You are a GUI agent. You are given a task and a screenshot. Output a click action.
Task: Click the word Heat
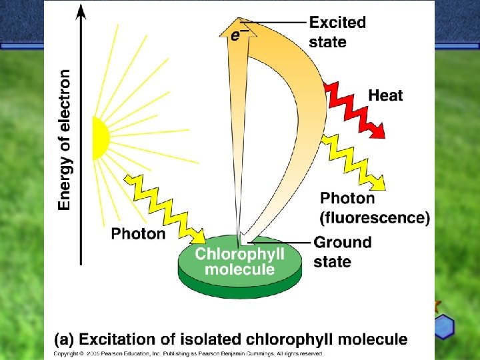pyautogui.click(x=385, y=95)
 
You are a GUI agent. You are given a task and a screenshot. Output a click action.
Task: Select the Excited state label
pyautogui.click(x=337, y=32)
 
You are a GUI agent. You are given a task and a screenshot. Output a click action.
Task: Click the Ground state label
pyautogui.click(x=342, y=251)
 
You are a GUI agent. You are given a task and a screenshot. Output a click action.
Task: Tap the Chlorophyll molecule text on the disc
pyautogui.click(x=239, y=261)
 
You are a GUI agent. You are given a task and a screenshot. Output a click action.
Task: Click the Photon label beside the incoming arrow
pyautogui.click(x=138, y=233)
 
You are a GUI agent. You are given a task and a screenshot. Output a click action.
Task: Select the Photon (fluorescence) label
pyautogui.click(x=375, y=207)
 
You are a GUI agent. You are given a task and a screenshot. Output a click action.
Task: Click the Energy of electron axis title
pyautogui.click(x=65, y=140)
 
